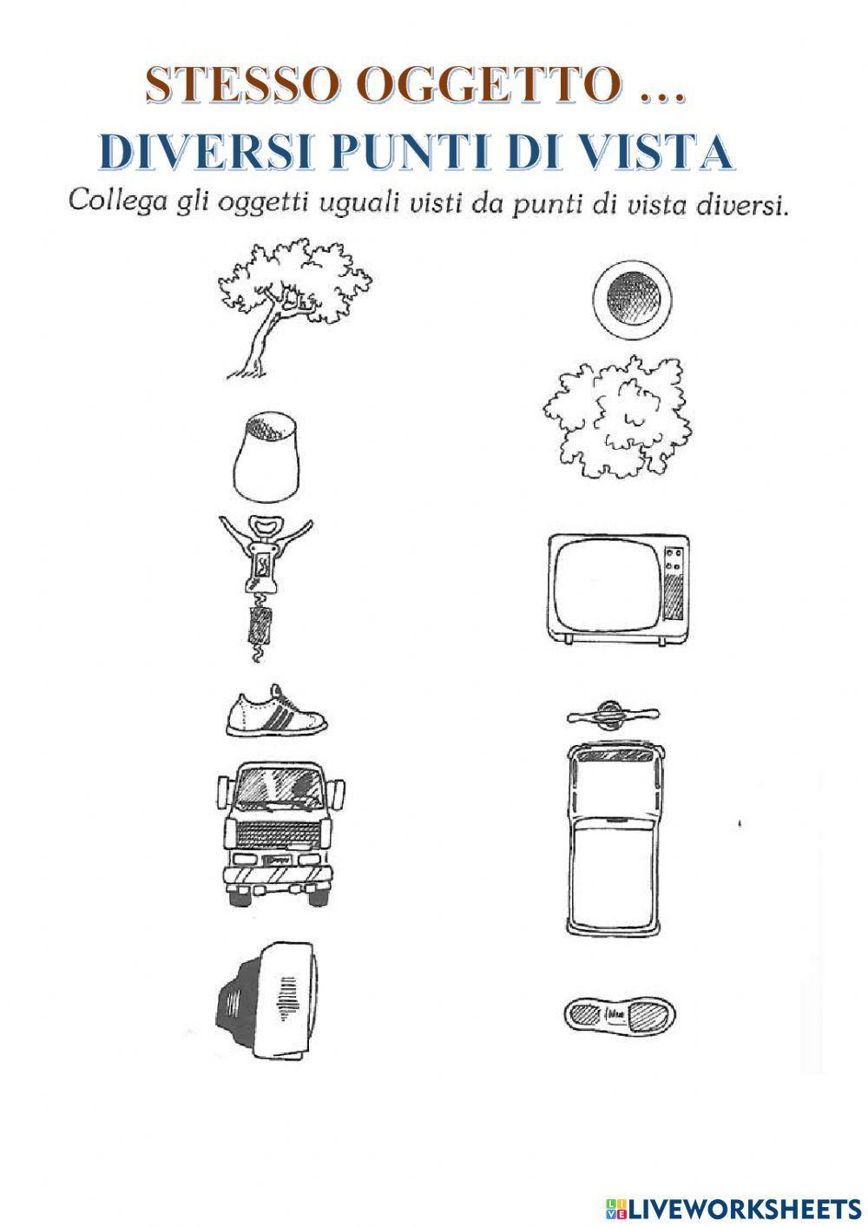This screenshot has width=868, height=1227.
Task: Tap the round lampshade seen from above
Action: [631, 300]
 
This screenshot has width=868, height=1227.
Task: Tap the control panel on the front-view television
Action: [674, 585]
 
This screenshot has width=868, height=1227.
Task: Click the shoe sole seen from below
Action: [619, 1013]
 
